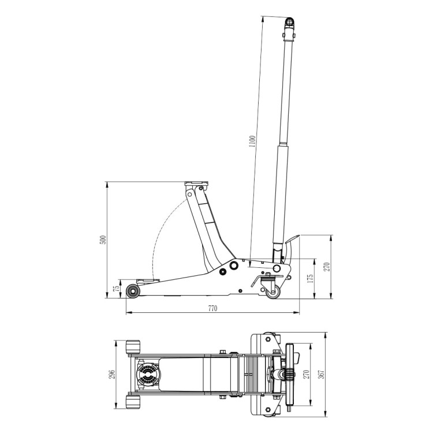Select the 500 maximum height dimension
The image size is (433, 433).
click(x=102, y=240)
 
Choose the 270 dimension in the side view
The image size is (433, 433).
click(x=326, y=267)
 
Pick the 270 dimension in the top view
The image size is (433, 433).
click(x=307, y=374)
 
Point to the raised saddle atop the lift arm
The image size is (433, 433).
click(x=196, y=185)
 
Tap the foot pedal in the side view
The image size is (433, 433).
click(x=291, y=240)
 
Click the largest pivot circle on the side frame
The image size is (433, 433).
click(x=233, y=266)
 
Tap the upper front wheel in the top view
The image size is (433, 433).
click(x=133, y=348)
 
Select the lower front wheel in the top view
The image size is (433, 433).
click(x=133, y=402)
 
